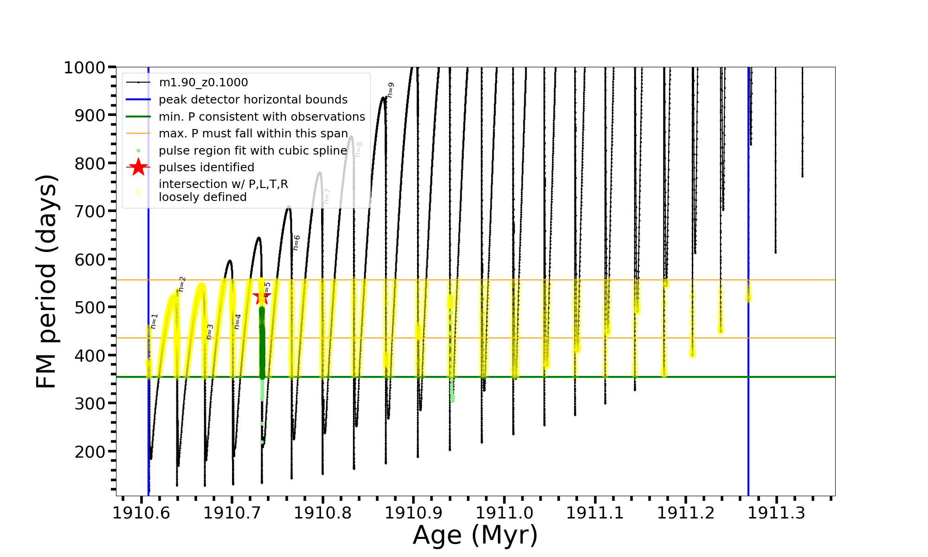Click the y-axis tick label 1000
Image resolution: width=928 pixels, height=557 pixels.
pyautogui.click(x=84, y=68)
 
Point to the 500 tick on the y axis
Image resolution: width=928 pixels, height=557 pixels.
pyautogui.click(x=90, y=307)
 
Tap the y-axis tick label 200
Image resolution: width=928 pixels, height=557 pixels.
pyautogui.click(x=90, y=451)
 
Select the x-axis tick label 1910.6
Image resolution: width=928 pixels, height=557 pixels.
pyautogui.click(x=141, y=513)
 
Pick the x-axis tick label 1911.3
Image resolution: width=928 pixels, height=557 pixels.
pyautogui.click(x=776, y=513)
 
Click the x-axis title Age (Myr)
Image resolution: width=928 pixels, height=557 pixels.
pyautogui.click(x=475, y=535)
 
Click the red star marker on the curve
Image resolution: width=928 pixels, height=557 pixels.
pyautogui.click(x=262, y=298)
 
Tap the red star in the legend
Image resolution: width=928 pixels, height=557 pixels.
pyautogui.click(x=138, y=167)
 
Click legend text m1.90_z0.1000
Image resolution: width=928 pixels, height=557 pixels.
pyautogui.click(x=203, y=83)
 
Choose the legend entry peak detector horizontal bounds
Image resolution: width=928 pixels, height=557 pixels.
pyautogui.click(x=253, y=100)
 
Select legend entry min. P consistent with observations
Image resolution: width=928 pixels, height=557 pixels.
pyautogui.click(x=262, y=117)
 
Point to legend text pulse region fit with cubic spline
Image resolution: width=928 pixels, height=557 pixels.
pyautogui.click(x=253, y=151)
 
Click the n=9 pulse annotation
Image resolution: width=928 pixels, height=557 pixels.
pyautogui.click(x=391, y=90)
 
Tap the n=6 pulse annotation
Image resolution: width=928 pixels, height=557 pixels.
pyautogui.click(x=296, y=242)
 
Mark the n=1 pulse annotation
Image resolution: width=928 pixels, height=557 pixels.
pyautogui.click(x=155, y=321)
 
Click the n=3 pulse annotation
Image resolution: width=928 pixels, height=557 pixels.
pyautogui.click(x=210, y=331)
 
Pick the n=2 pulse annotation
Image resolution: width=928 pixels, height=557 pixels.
pyautogui.click(x=182, y=284)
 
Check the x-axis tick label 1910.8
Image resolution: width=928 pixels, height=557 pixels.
pyautogui.click(x=322, y=513)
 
